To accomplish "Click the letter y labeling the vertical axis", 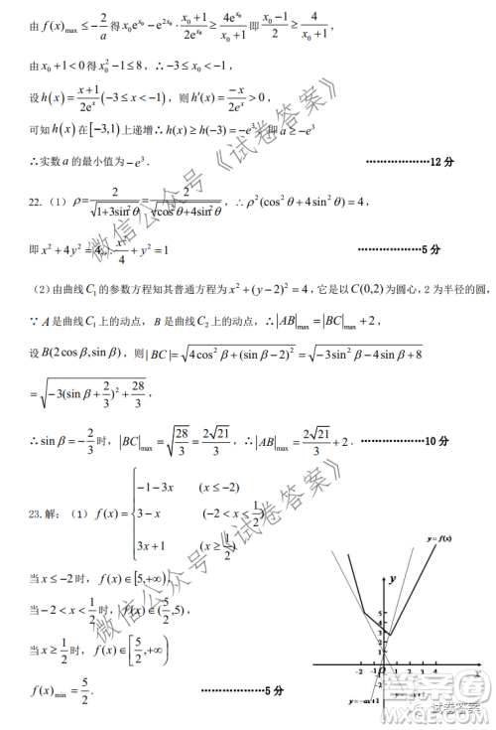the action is tap(393, 578).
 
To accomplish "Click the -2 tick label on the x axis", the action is tap(358, 672).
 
